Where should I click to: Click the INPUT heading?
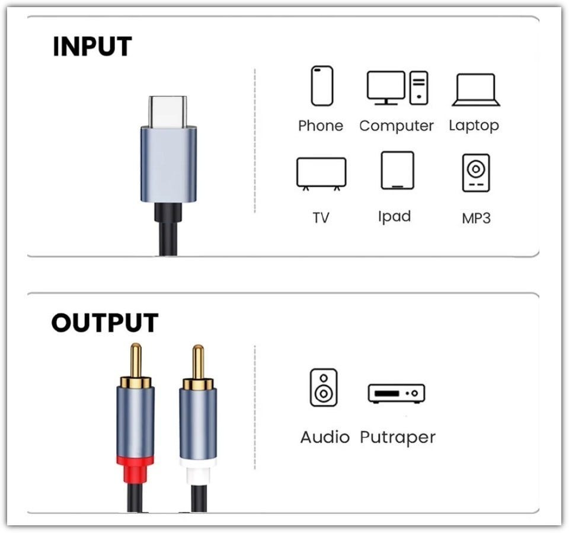pos(92,47)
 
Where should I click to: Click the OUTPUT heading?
pos(104,323)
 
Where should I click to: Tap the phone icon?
pos(322,86)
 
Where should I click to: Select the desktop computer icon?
pos(397,88)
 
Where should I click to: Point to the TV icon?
pos(321,173)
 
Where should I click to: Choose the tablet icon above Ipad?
pos(397,171)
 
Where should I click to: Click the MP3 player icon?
pos(476,173)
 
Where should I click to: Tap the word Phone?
pos(321,126)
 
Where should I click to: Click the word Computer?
pos(397,126)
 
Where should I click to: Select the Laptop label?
pos(474,125)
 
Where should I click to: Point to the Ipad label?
pos(394,216)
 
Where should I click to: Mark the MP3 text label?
pos(476,218)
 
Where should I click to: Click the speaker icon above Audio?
pos(324,387)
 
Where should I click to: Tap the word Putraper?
pos(398,438)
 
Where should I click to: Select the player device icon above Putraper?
pos(397,393)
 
